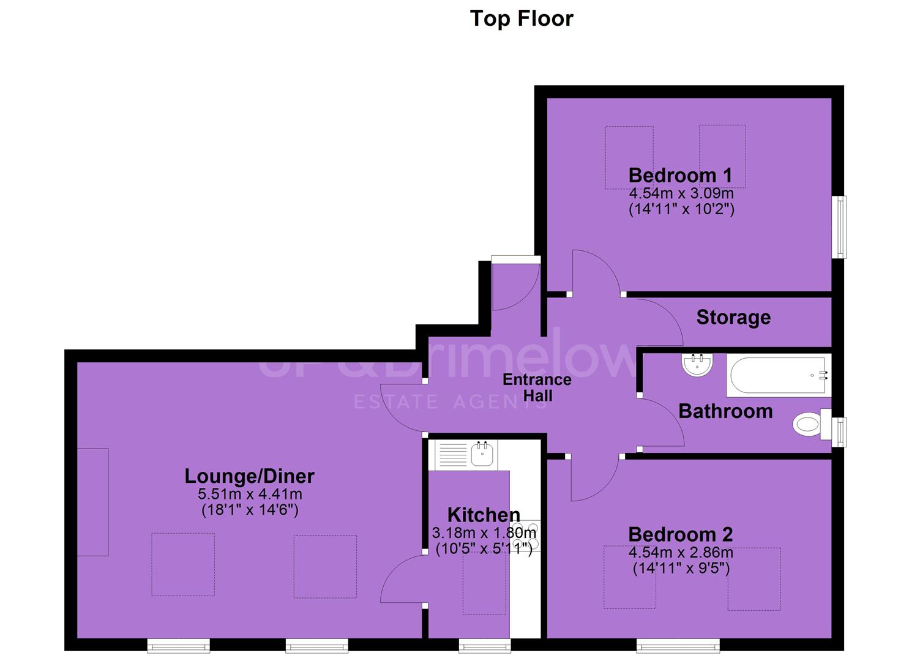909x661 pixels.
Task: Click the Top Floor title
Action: [522, 18]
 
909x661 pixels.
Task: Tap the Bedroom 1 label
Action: [681, 176]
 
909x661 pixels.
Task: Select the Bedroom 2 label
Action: [681, 534]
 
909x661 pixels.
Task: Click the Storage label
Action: [734, 318]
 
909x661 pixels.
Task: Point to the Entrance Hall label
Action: [537, 387]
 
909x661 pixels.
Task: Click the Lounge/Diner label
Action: [250, 476]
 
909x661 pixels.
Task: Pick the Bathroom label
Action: [725, 411]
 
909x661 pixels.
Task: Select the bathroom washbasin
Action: [697, 365]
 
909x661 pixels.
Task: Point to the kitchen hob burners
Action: [526, 535]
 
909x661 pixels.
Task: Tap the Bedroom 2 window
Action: [678, 646]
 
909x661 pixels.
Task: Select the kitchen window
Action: [485, 646]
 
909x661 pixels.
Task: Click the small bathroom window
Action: [839, 432]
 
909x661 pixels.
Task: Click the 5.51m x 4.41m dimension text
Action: [250, 495]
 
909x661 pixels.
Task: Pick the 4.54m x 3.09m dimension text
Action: [681, 193]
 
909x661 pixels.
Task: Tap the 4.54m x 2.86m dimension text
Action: [681, 552]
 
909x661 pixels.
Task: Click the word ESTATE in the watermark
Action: [396, 401]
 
